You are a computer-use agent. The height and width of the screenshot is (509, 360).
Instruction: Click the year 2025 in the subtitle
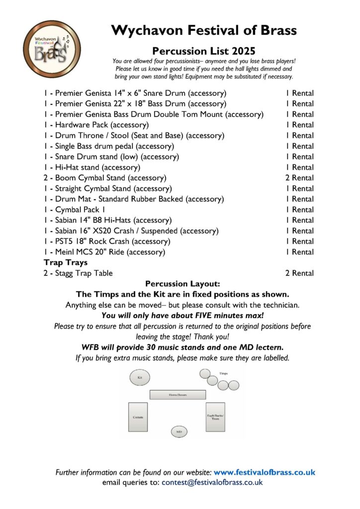pyautogui.click(x=243, y=50)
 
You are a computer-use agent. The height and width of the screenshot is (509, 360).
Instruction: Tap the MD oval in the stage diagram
pyautogui.click(x=179, y=432)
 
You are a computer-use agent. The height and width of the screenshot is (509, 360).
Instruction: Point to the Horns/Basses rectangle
pyautogui.click(x=178, y=395)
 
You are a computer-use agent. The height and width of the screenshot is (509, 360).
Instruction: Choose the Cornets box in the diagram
pyautogui.click(x=138, y=417)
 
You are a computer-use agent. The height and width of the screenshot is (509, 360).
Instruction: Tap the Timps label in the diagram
pyautogui.click(x=223, y=372)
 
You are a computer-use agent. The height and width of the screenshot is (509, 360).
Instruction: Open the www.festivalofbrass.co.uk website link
pyautogui.click(x=265, y=472)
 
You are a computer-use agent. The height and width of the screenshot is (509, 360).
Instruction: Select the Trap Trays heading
pyautogui.click(x=66, y=262)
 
